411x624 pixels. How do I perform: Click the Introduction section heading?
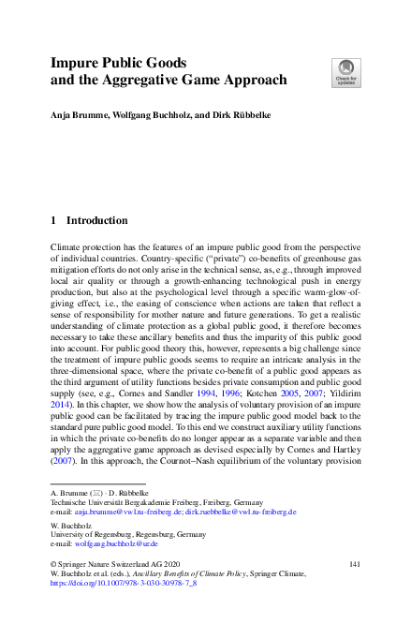(x=96, y=221)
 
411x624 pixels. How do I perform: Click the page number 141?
(x=355, y=563)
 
